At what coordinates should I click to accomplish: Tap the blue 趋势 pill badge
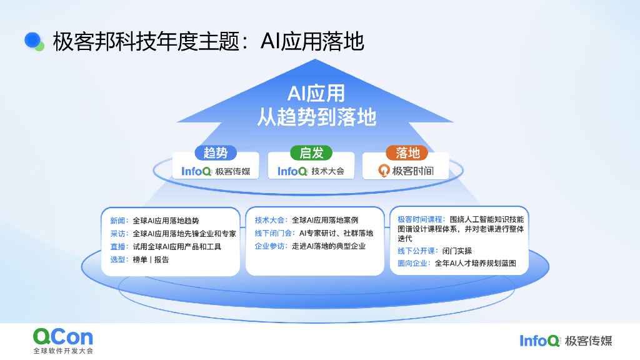(x=216, y=152)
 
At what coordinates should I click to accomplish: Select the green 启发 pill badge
(x=311, y=152)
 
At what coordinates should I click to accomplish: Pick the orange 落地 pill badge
(x=407, y=152)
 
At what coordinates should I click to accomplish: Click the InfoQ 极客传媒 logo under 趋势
(x=216, y=171)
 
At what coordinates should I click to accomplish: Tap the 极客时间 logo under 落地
(x=406, y=171)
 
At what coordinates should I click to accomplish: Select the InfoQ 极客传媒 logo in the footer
(x=566, y=341)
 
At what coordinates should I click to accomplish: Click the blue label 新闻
(x=118, y=221)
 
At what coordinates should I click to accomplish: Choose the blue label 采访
(x=118, y=234)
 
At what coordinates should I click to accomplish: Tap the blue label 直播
(x=118, y=246)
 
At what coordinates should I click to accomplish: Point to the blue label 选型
(x=118, y=259)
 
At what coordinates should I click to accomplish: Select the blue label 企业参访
(x=270, y=246)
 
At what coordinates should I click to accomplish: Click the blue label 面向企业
(x=414, y=264)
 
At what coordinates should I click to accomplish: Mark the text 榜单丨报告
(x=151, y=259)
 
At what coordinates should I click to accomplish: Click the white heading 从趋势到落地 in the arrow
(x=316, y=117)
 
